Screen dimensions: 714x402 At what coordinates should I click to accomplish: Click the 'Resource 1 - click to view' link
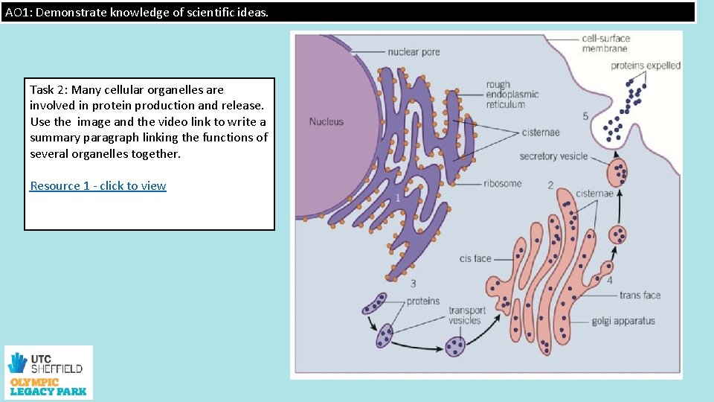[97, 186]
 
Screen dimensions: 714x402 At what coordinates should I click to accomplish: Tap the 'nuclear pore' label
[414, 52]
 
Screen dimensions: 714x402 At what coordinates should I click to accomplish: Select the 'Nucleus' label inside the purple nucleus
[327, 121]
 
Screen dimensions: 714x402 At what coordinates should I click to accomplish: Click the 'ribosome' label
[502, 184]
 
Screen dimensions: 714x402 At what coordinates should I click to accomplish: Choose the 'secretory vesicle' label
[553, 156]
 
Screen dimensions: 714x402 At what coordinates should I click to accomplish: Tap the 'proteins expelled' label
[646, 66]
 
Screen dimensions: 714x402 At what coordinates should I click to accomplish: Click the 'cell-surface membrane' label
[605, 43]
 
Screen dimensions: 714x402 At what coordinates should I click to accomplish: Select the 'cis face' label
[475, 259]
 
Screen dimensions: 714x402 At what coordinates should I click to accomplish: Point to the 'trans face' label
[640, 296]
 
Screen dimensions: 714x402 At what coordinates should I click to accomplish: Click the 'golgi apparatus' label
[623, 321]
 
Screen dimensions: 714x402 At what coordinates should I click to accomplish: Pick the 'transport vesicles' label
[467, 316]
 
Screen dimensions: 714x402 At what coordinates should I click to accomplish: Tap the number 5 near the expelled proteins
[585, 116]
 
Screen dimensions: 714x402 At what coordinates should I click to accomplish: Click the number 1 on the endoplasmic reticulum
[398, 198]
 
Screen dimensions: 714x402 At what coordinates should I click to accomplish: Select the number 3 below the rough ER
[413, 283]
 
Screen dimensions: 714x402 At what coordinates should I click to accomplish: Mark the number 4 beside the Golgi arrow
[610, 281]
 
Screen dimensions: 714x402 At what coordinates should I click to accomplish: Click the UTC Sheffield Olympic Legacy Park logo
[48, 372]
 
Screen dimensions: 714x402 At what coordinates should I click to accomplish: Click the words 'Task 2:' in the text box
[48, 89]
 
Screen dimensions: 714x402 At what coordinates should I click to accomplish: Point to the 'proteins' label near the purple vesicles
[423, 301]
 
